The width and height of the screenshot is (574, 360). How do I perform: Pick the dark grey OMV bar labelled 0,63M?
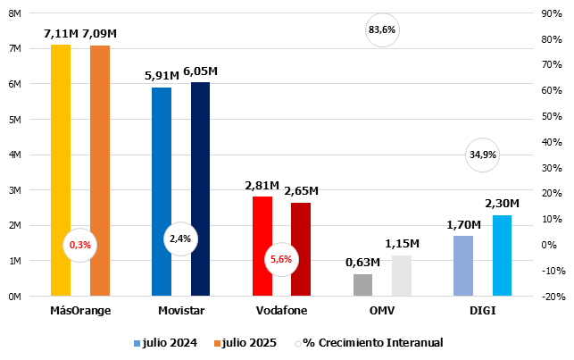point(362,285)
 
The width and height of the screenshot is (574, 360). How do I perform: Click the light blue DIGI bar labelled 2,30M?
point(503,255)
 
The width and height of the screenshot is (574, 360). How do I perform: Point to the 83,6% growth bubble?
point(381,30)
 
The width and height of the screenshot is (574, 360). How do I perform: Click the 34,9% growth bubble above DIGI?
point(482,155)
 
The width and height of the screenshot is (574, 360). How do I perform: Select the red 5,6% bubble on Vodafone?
point(280,259)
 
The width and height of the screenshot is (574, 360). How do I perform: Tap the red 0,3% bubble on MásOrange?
point(80,244)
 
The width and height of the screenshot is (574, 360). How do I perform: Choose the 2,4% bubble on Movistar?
point(180,239)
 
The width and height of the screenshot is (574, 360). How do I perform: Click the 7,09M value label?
point(100,33)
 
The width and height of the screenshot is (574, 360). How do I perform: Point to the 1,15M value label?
point(403,244)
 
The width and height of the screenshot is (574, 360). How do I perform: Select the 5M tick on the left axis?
point(15,119)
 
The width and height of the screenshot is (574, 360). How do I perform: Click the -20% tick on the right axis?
point(551,297)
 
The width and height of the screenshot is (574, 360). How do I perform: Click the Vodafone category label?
point(280,310)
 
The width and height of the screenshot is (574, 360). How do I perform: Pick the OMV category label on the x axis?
point(382,310)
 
